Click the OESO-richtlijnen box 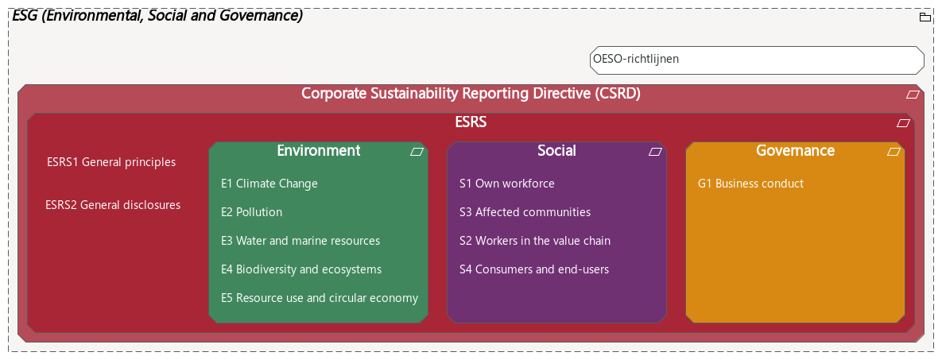click(756, 60)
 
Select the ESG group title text click(157, 16)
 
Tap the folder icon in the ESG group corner click(925, 17)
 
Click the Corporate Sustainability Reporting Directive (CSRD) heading click(471, 94)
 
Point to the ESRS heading click(471, 122)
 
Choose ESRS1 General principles click(111, 162)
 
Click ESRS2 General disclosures click(113, 205)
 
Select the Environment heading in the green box click(318, 151)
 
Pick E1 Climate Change click(269, 184)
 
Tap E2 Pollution click(251, 212)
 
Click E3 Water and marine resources click(300, 241)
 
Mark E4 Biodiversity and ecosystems click(301, 269)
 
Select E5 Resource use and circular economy click(319, 298)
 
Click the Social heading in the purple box click(556, 151)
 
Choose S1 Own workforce click(507, 184)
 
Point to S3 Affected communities click(525, 212)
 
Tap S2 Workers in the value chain click(535, 241)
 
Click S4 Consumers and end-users click(534, 269)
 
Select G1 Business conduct click(750, 184)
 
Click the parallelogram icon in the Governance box click(894, 151)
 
